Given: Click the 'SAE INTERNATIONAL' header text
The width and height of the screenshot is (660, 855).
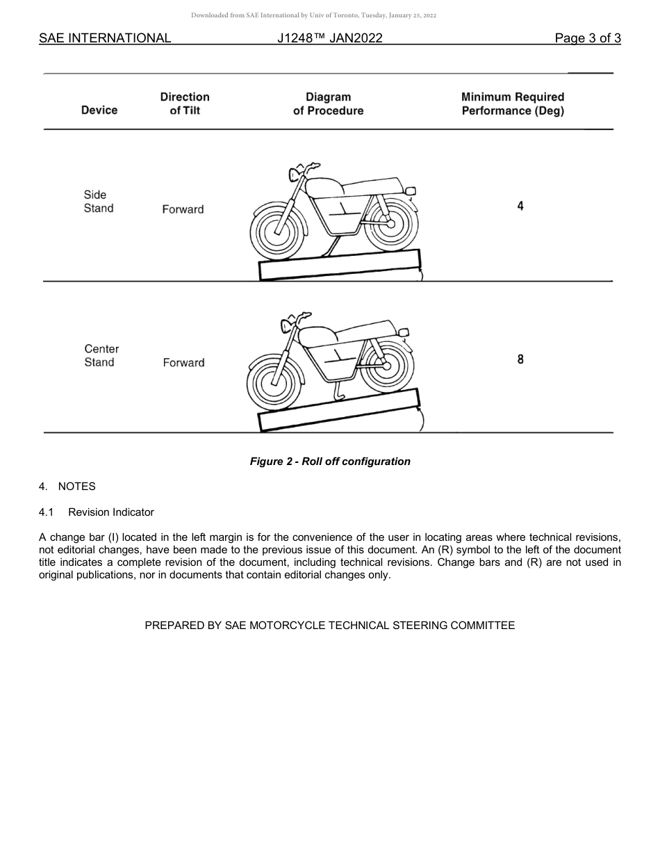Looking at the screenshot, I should pos(105,38).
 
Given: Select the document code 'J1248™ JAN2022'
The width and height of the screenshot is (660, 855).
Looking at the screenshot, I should pos(329,38).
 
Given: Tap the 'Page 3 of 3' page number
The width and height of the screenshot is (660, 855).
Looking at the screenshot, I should pos(587,38).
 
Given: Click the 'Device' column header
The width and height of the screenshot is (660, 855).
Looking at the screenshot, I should pos(99,110).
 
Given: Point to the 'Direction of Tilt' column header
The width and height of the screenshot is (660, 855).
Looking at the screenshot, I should pos(185,104).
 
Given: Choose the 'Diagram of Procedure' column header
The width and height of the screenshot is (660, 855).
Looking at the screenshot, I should pos(328,104).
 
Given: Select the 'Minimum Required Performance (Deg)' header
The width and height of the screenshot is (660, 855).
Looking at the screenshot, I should pos(513,104).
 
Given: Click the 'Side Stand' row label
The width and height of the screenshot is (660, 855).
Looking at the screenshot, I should pos(98,202).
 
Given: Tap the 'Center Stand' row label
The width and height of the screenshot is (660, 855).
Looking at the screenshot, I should pos(101,355).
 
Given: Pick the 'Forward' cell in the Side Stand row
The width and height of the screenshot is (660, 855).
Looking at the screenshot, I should pos(183,209).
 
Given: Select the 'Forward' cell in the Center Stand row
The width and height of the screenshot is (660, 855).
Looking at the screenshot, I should pos(183,363).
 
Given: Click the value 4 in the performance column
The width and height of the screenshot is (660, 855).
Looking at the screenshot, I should pos(520,206).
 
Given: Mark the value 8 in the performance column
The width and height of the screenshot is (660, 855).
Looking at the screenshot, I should pos(520,359).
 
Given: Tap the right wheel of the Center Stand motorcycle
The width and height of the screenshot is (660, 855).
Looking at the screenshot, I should pos(387,366).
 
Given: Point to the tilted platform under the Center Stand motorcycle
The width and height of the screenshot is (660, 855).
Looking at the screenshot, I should pos(339,410).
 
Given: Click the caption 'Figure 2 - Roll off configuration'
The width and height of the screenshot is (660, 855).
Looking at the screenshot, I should pos(330,462).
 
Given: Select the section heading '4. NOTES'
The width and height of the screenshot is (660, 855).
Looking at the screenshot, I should pos(67,487).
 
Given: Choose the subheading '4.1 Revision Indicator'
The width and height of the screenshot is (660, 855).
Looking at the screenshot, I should pos(97,512).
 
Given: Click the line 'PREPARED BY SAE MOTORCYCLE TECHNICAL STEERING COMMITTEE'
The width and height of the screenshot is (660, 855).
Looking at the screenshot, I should pos(330,626).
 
